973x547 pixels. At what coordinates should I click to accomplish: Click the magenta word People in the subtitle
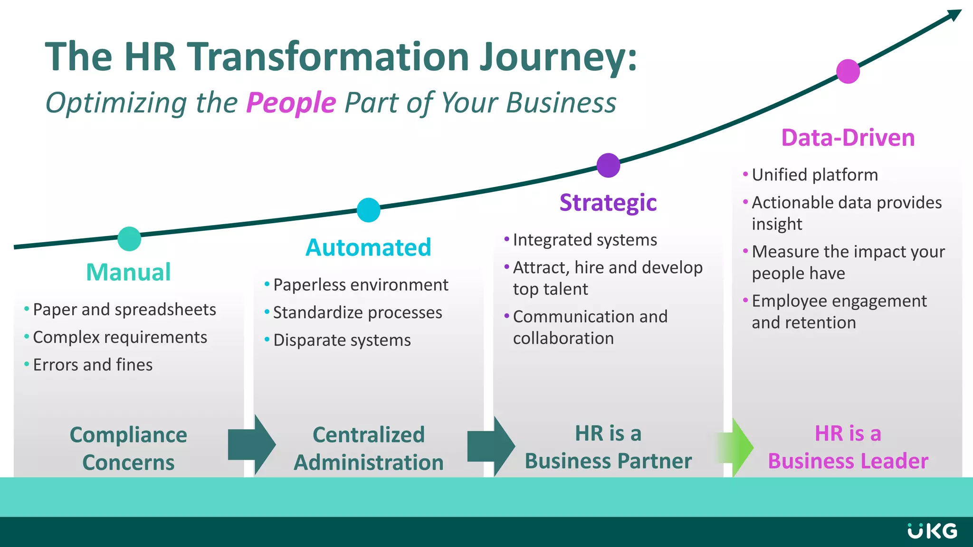click(291, 103)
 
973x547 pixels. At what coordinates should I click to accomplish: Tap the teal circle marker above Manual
click(129, 239)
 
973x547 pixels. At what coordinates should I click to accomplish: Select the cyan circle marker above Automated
click(368, 210)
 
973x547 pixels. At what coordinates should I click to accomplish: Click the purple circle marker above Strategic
click(608, 165)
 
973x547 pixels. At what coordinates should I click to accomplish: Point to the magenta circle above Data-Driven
click(848, 71)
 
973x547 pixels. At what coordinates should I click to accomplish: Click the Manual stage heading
click(128, 272)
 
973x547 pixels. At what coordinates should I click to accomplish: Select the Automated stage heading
click(368, 247)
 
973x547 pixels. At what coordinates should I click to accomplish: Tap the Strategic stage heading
click(608, 203)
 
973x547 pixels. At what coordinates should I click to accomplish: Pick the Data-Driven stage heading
click(848, 138)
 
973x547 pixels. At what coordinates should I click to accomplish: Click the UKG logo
click(932, 531)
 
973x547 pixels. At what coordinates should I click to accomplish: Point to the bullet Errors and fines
click(93, 365)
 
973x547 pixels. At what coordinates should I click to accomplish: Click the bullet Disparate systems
click(342, 340)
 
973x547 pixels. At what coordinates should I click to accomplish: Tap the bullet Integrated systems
click(584, 240)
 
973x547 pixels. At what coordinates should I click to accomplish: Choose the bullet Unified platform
click(814, 175)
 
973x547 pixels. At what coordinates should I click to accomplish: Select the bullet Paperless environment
click(360, 285)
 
